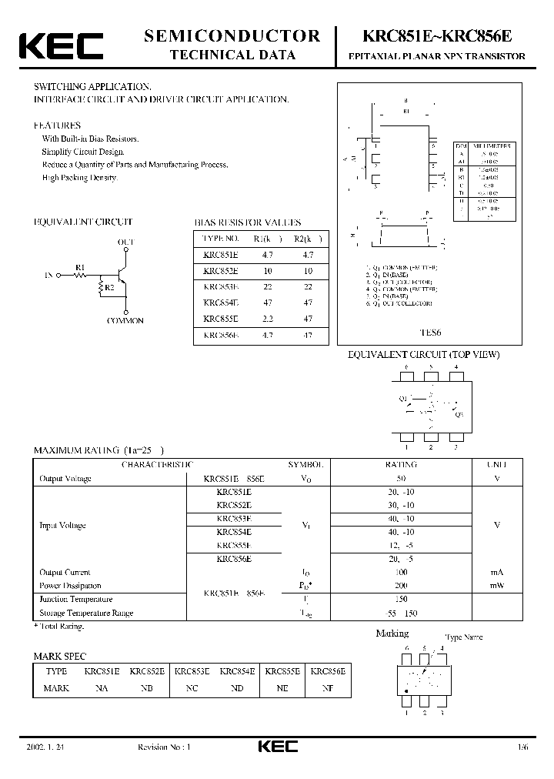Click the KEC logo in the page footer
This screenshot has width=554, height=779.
coord(276,747)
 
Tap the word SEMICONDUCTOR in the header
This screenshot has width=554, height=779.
coord(232,35)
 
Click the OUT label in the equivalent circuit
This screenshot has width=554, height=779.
coord(125,242)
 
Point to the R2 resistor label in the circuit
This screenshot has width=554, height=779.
coord(110,287)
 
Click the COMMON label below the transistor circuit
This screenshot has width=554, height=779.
coord(125,321)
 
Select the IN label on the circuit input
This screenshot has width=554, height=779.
coord(49,273)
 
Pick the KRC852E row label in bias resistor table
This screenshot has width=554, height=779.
coord(221,271)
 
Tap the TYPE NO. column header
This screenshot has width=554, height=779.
coord(221,239)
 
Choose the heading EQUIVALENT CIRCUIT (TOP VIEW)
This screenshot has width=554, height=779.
coord(424,355)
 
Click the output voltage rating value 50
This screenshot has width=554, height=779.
coord(401,479)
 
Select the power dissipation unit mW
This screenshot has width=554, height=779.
coord(496,586)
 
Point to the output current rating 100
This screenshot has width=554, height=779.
coord(401,572)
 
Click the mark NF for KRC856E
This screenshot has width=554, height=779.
coord(328,688)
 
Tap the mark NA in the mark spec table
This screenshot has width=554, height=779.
coord(102,688)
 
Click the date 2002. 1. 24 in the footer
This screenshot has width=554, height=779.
coord(45,747)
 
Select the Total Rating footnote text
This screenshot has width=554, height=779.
coord(61,627)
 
